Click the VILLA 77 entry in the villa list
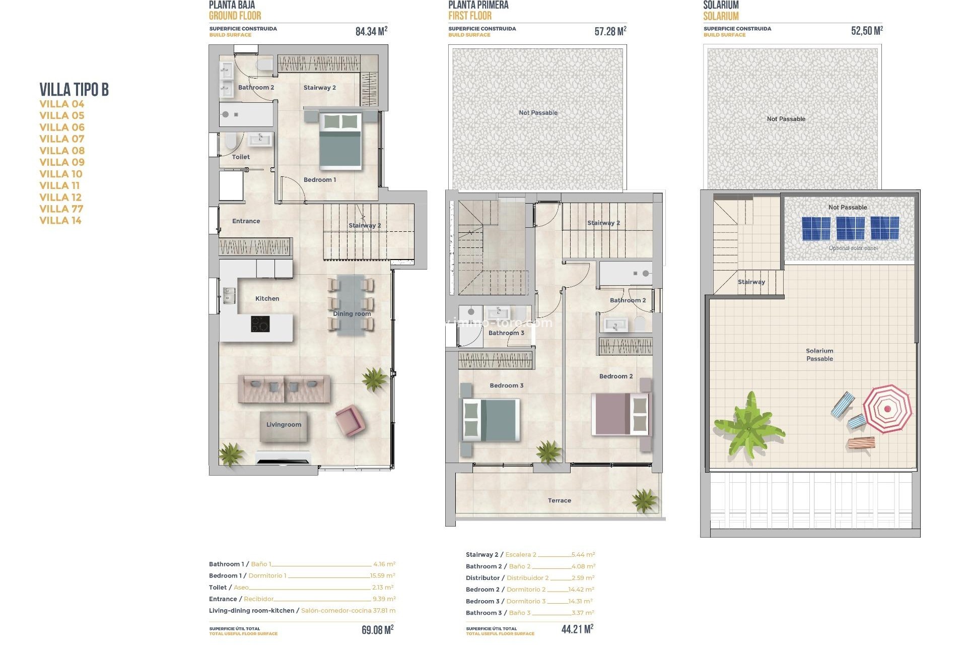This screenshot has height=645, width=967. (x=61, y=209)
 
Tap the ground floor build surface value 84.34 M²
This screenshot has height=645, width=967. (x=371, y=31)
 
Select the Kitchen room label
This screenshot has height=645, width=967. (x=267, y=298)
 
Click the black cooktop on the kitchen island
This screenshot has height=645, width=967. (x=260, y=324)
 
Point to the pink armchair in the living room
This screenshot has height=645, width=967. (x=349, y=420)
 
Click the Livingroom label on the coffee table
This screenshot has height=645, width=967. (x=284, y=424)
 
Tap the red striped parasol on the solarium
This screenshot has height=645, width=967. (x=887, y=409)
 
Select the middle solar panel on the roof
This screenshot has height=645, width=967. (x=850, y=228)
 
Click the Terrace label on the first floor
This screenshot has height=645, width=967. (x=559, y=500)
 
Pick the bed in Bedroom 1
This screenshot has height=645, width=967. (x=340, y=141)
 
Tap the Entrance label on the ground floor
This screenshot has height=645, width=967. (x=246, y=221)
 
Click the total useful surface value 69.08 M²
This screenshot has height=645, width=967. (x=377, y=630)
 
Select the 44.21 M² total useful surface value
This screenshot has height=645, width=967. (x=577, y=629)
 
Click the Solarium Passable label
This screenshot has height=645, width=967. (x=819, y=355)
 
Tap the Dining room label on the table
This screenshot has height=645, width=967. (x=352, y=313)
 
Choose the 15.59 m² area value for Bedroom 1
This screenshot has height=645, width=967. (x=383, y=575)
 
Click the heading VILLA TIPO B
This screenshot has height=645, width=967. (x=74, y=90)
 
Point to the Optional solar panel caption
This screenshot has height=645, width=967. (x=853, y=248)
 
